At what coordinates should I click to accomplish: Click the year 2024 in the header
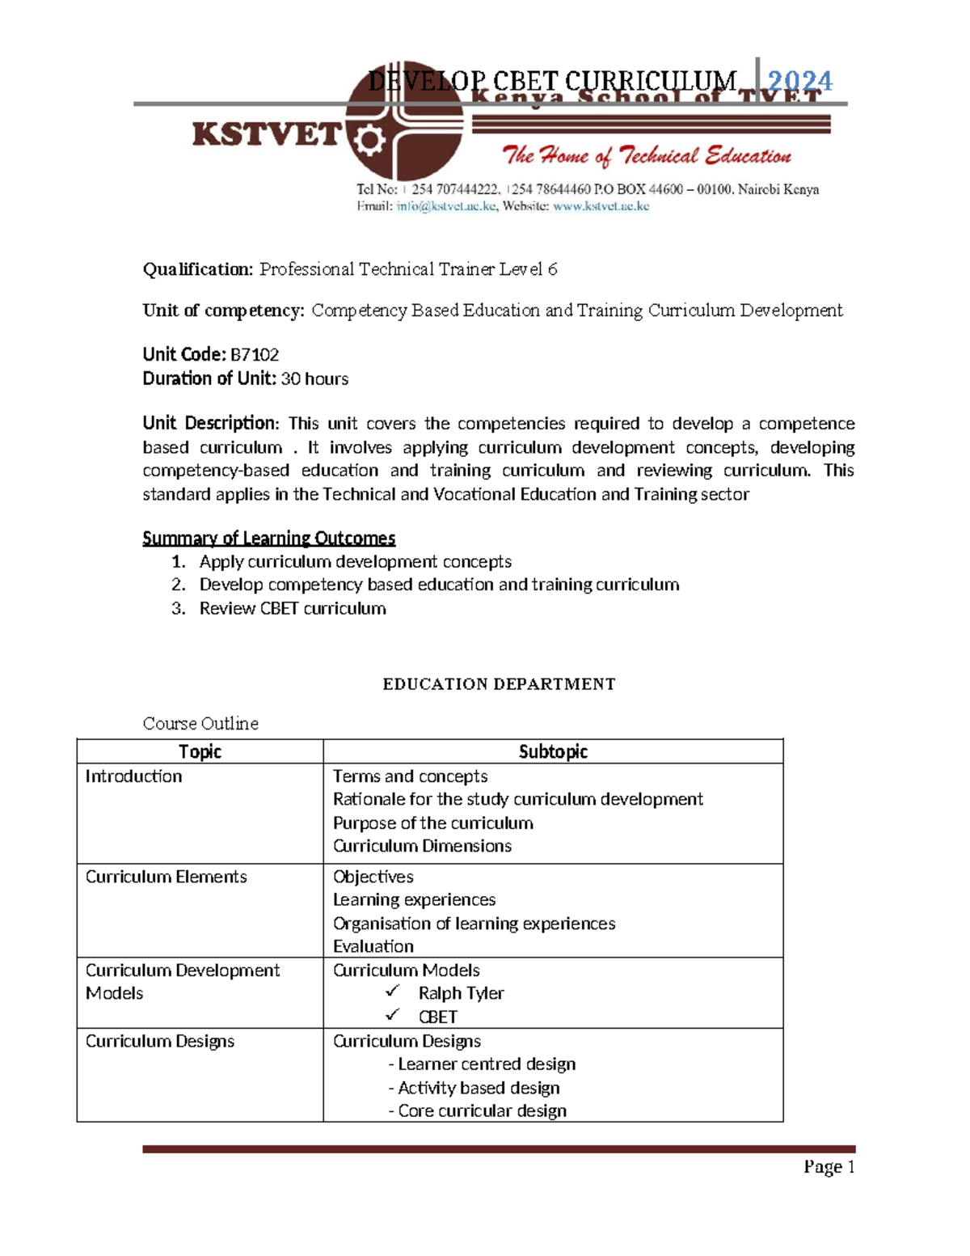(x=799, y=81)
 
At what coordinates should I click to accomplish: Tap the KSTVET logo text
(x=267, y=134)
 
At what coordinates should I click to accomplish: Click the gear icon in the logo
(x=369, y=142)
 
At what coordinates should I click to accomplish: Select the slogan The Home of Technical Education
(x=646, y=155)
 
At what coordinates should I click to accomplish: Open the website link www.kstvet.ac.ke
(x=601, y=206)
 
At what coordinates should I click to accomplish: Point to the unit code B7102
(x=255, y=354)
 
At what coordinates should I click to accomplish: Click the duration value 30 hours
(x=314, y=378)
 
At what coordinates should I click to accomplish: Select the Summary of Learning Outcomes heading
(x=268, y=538)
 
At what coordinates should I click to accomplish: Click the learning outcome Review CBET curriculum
(x=293, y=608)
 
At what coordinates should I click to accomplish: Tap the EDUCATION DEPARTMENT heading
(x=499, y=684)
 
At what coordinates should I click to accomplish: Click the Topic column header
(x=200, y=751)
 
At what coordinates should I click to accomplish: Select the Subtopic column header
(x=553, y=751)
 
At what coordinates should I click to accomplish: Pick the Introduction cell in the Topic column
(x=134, y=776)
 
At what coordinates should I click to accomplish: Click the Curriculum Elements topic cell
(x=167, y=877)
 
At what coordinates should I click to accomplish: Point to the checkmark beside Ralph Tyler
(x=393, y=992)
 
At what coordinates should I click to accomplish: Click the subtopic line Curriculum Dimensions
(x=422, y=846)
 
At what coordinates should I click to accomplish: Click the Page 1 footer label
(x=829, y=1166)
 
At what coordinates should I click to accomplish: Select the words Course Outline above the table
(x=200, y=723)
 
